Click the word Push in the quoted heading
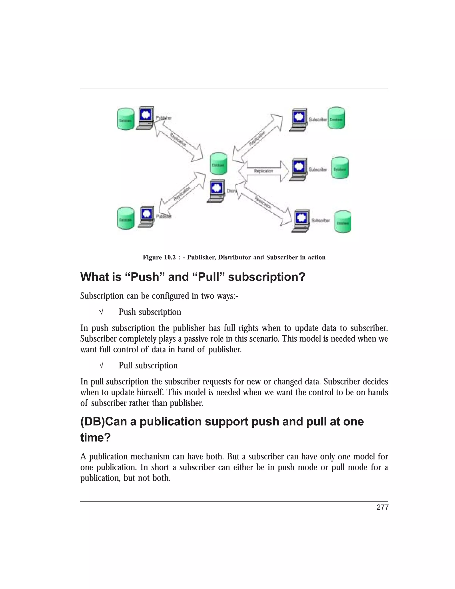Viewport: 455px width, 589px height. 145,277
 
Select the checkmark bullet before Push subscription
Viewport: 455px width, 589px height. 101,312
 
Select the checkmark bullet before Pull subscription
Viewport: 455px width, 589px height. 101,366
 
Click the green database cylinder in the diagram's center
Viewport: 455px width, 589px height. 219,164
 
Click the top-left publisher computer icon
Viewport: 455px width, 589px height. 146,118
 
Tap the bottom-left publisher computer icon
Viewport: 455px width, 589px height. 146,216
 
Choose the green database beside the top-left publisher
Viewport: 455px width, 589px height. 125,119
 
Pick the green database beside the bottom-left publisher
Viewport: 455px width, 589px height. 125,218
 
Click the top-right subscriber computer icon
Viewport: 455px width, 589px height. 299,120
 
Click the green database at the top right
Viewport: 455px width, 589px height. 336,118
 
